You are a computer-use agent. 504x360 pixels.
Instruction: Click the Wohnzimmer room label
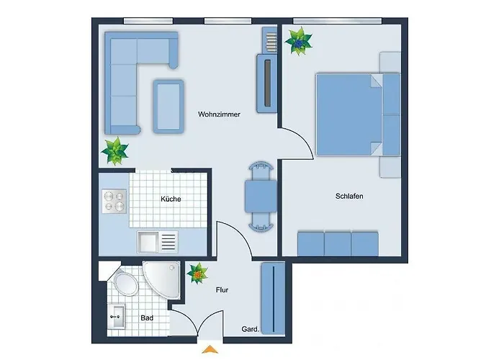point(219,114)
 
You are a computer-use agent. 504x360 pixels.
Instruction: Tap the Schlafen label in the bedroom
point(348,196)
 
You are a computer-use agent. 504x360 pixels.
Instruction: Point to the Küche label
point(171,199)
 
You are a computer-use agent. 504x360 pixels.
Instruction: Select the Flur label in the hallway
point(222,290)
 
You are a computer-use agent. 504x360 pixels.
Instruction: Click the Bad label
point(146,318)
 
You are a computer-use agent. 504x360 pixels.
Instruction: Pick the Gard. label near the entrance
point(250,330)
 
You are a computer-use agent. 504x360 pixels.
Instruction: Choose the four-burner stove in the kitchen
point(114,200)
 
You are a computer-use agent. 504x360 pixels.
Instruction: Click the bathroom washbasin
point(116,315)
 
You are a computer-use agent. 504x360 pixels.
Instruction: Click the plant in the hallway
point(197,273)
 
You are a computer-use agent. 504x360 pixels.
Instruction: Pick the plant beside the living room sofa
point(115,151)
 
